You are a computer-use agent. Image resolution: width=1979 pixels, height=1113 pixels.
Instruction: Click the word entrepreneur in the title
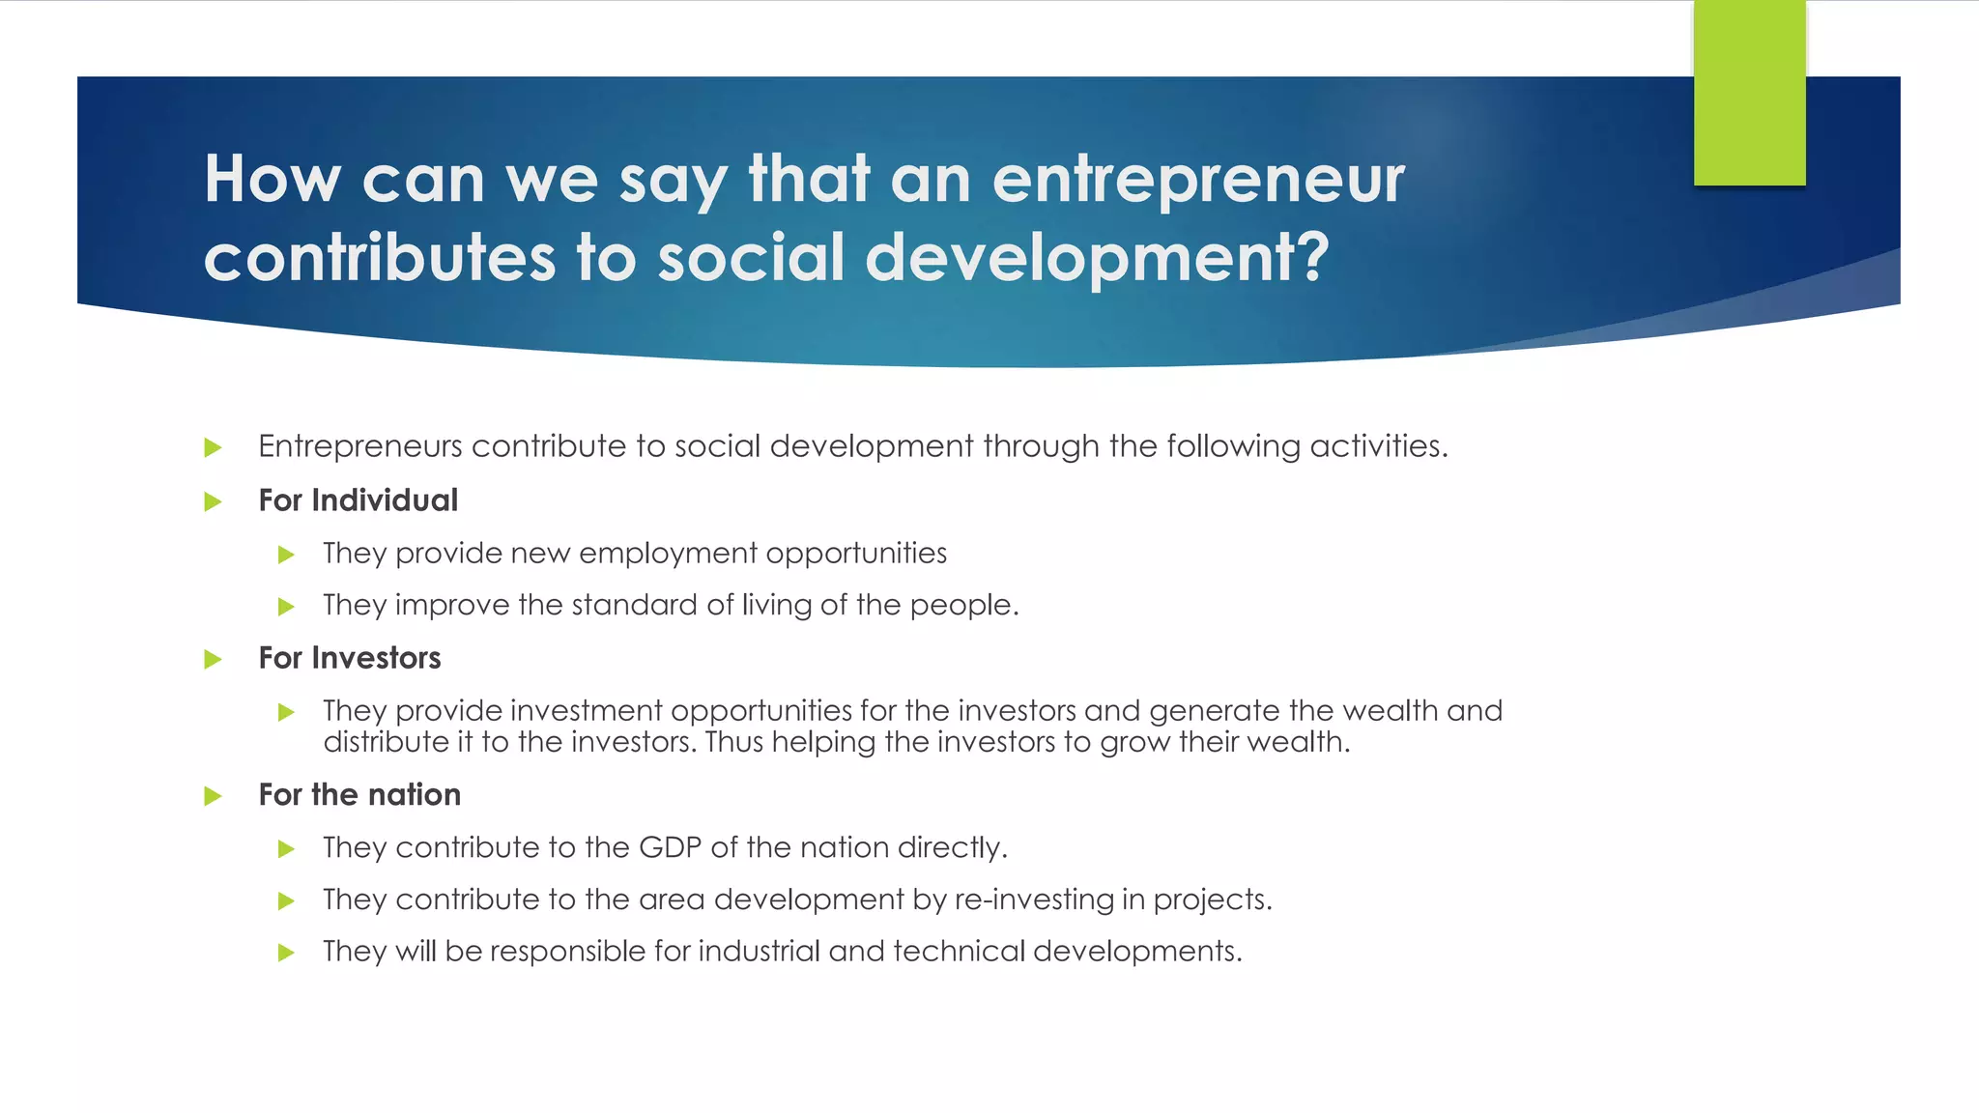[x=1198, y=181]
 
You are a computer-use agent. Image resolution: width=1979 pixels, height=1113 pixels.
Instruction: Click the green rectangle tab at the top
[x=1749, y=94]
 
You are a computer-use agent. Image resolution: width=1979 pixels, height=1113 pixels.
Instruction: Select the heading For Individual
[x=359, y=500]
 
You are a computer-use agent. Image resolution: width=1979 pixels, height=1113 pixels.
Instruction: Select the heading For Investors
[x=350, y=658]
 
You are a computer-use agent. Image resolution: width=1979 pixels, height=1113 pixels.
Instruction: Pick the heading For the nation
[x=359, y=795]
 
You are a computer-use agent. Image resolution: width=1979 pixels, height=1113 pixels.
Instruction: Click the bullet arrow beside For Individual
[x=214, y=501]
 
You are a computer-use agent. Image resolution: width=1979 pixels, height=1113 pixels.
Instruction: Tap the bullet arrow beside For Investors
[x=214, y=660]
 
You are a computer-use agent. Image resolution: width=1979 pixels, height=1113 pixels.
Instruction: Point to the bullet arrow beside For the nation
[x=214, y=796]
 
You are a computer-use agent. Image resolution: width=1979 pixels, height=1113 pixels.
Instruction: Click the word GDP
[x=670, y=847]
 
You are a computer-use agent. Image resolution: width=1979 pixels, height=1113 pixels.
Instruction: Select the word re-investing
[x=1034, y=899]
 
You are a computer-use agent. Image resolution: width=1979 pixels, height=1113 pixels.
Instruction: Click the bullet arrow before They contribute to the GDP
[x=286, y=849]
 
